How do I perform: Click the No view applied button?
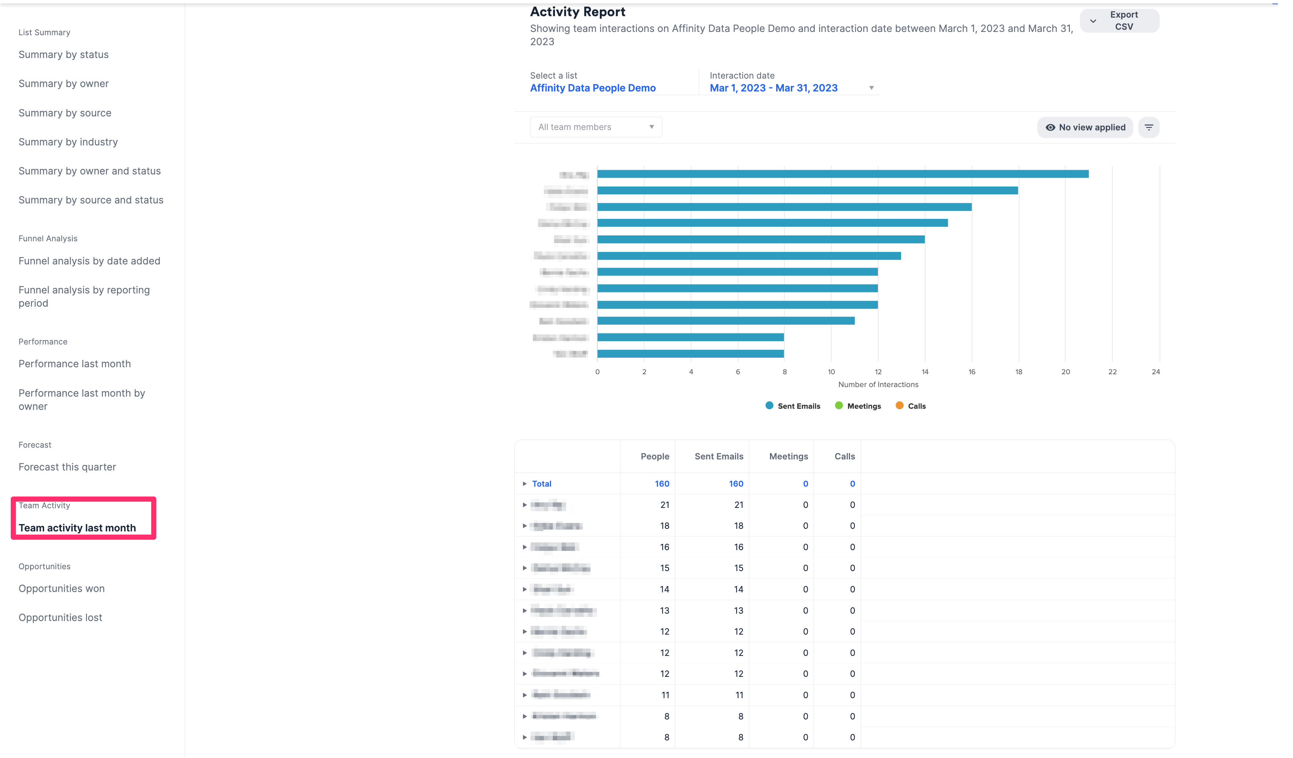tap(1085, 127)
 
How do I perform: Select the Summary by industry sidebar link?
tap(68, 142)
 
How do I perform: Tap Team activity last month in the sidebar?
tap(77, 528)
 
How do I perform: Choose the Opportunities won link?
tap(62, 588)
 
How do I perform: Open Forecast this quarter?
tap(67, 467)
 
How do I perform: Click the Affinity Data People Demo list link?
tap(593, 88)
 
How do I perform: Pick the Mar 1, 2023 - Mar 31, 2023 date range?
tap(773, 88)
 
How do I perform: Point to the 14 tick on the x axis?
tap(925, 372)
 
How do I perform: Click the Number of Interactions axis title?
tap(878, 385)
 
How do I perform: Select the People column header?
tap(655, 456)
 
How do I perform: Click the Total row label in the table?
tap(541, 484)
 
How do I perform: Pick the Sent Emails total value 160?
tap(736, 484)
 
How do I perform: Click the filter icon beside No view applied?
tap(1148, 127)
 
